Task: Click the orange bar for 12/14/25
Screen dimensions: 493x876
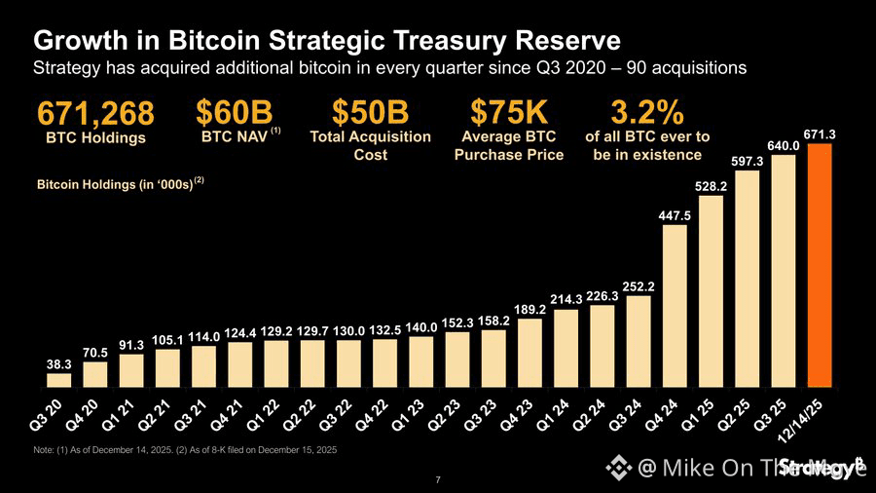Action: [x=820, y=265]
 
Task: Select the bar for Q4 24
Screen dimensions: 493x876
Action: [x=675, y=306]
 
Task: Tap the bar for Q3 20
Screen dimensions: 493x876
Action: [x=58, y=380]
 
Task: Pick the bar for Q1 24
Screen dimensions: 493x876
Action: [x=566, y=348]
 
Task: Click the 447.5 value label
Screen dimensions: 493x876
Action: [x=675, y=215]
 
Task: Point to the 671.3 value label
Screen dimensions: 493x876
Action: [x=821, y=132]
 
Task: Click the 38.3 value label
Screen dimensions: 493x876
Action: [x=58, y=363]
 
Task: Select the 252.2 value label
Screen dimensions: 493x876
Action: [x=639, y=286]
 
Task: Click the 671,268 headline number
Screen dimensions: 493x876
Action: [x=95, y=114]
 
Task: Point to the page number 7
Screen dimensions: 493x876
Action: [x=438, y=479]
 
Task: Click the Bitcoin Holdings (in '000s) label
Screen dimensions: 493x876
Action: [x=115, y=183]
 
